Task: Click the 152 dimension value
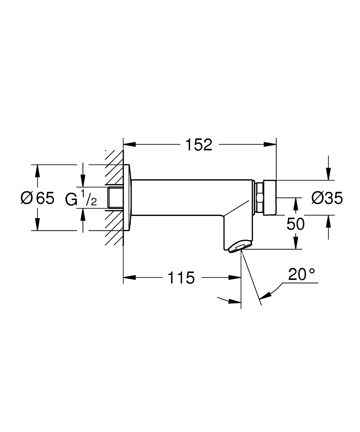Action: (199, 145)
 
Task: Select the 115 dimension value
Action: (181, 278)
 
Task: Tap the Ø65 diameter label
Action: (38, 198)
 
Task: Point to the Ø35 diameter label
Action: (327, 198)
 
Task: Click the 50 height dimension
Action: (296, 224)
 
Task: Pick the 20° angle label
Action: (302, 275)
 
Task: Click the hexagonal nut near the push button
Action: (260, 198)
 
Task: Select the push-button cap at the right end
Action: (269, 197)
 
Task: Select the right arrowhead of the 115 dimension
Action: (236, 278)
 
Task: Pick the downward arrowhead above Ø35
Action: (329, 175)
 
